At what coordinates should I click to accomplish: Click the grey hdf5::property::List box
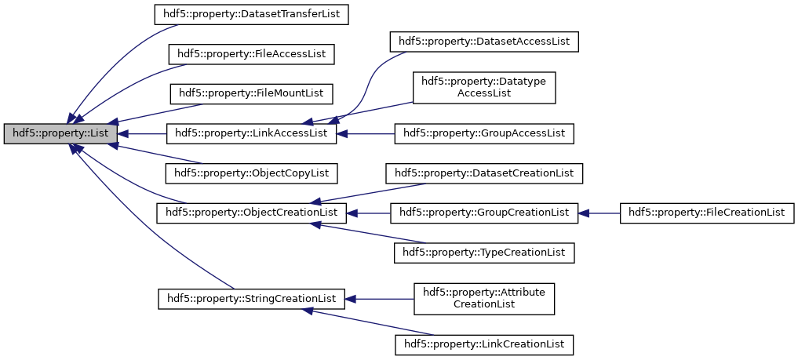tap(60, 133)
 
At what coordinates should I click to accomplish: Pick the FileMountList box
tap(251, 93)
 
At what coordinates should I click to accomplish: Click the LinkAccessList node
tap(251, 133)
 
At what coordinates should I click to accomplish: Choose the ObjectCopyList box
tap(251, 173)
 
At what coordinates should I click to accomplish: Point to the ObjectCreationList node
tap(251, 213)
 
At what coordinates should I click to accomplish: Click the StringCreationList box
tap(251, 299)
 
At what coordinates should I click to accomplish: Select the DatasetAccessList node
tap(484, 41)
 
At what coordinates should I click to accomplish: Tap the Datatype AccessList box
tap(484, 87)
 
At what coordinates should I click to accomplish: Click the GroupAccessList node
tap(484, 133)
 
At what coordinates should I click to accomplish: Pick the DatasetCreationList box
tap(484, 173)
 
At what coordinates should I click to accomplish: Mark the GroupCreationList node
tap(484, 213)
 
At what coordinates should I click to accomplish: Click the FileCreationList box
tap(707, 213)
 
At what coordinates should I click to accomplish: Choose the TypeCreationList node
tap(484, 253)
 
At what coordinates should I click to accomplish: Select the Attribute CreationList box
tap(484, 298)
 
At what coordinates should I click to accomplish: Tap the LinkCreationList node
tap(484, 344)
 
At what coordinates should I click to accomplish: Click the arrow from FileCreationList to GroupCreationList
tap(599, 213)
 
